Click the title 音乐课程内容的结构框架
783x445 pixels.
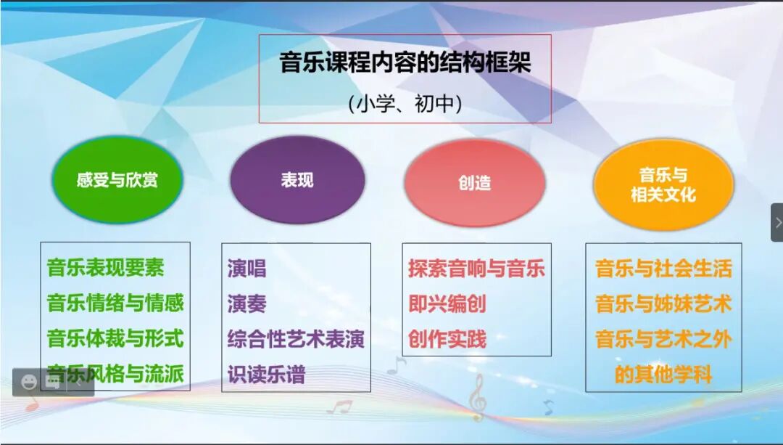coord(405,63)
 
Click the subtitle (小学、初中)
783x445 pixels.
coord(405,104)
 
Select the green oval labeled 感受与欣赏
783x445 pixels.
coord(117,180)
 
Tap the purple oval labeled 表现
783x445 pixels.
coord(297,180)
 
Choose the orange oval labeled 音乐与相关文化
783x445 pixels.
coord(663,184)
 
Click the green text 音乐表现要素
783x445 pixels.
coord(106,268)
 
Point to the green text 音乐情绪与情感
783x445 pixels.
coord(115,303)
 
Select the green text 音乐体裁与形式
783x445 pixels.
coord(115,338)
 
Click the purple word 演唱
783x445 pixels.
coord(246,269)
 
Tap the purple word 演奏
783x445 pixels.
coord(246,303)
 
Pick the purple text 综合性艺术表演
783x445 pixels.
coord(295,339)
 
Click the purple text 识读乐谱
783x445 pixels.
coord(266,375)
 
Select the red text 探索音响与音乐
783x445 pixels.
coord(476,269)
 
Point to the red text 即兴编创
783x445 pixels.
coord(447,303)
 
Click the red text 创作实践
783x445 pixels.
coord(447,339)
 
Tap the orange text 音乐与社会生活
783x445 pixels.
coord(663,269)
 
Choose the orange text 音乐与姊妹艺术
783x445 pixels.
coord(663,303)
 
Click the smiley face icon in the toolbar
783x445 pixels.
coord(29,382)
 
